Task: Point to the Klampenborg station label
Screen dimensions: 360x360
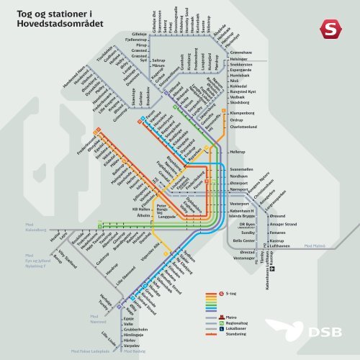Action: coord(246,113)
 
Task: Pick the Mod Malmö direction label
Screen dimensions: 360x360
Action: coord(315,246)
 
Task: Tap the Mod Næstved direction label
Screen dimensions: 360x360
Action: coord(99,319)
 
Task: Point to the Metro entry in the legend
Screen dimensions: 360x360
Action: coord(231,315)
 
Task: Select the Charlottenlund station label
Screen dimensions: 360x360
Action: coord(249,127)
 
